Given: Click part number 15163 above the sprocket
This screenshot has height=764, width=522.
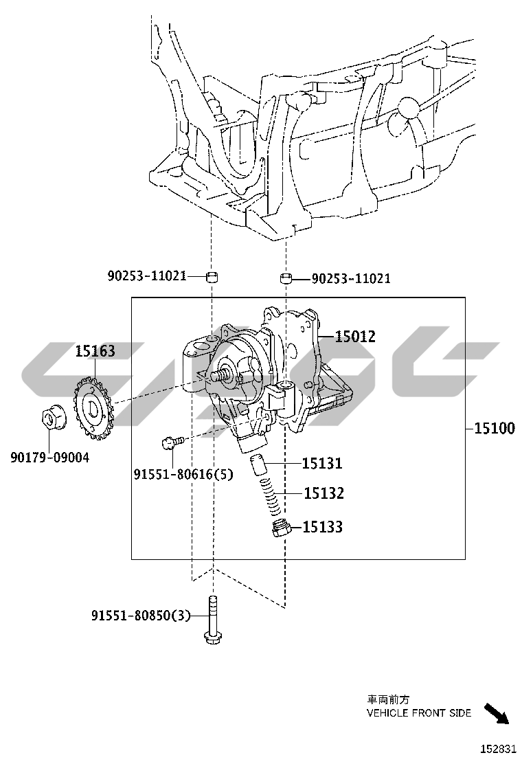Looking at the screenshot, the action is pyautogui.click(x=95, y=351).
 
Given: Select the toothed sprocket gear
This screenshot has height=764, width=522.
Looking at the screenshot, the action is pyautogui.click(x=93, y=406).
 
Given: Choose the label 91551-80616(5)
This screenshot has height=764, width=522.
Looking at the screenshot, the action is pyautogui.click(x=183, y=473).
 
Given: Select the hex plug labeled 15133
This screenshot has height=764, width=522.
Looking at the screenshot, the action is pyautogui.click(x=282, y=528).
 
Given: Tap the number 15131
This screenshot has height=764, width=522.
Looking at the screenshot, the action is pyautogui.click(x=322, y=463).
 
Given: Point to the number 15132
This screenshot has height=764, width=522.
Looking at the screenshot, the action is pyautogui.click(x=324, y=493).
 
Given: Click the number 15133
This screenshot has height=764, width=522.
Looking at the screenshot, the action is pyautogui.click(x=322, y=527).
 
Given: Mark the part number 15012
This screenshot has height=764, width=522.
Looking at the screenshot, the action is pyautogui.click(x=355, y=336).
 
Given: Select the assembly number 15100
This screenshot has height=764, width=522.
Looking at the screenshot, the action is pyautogui.click(x=495, y=428).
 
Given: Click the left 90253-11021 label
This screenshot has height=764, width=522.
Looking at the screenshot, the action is pyautogui.click(x=147, y=276).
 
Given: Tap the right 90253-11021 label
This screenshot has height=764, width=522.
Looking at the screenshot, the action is pyautogui.click(x=351, y=278).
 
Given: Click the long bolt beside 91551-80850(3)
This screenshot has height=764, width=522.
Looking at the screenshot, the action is pyautogui.click(x=212, y=619).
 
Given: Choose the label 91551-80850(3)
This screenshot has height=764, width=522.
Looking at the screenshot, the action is pyautogui.click(x=141, y=616).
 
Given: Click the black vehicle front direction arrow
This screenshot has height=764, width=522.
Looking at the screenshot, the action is pyautogui.click(x=497, y=714).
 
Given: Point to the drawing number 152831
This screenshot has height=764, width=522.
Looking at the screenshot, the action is pyautogui.click(x=498, y=748).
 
